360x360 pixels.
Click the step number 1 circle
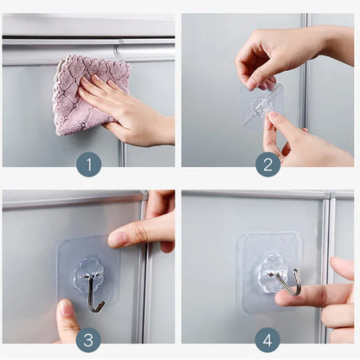tap(88, 164)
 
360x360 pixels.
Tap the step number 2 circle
tap(267, 164)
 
